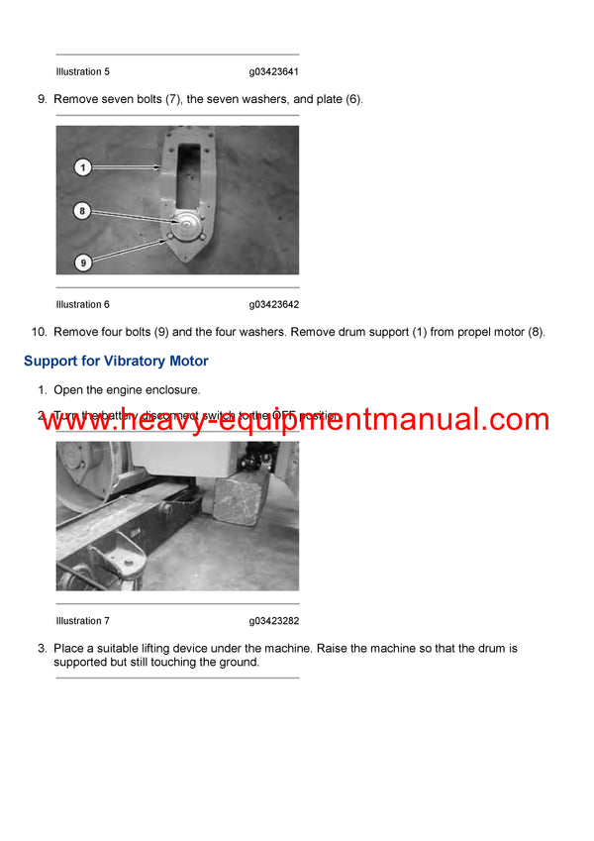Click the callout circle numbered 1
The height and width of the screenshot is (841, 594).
(83, 168)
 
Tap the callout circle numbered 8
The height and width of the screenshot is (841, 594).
(83, 210)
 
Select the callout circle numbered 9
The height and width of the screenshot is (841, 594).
(83, 262)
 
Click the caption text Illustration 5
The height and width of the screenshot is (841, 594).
(83, 72)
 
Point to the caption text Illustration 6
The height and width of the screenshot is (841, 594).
(83, 304)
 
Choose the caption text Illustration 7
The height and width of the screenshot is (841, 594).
(83, 621)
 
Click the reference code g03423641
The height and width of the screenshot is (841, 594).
(274, 72)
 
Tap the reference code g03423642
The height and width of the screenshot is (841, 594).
(274, 304)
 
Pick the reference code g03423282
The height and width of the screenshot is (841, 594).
(274, 621)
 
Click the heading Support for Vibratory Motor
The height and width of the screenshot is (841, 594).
(116, 362)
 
